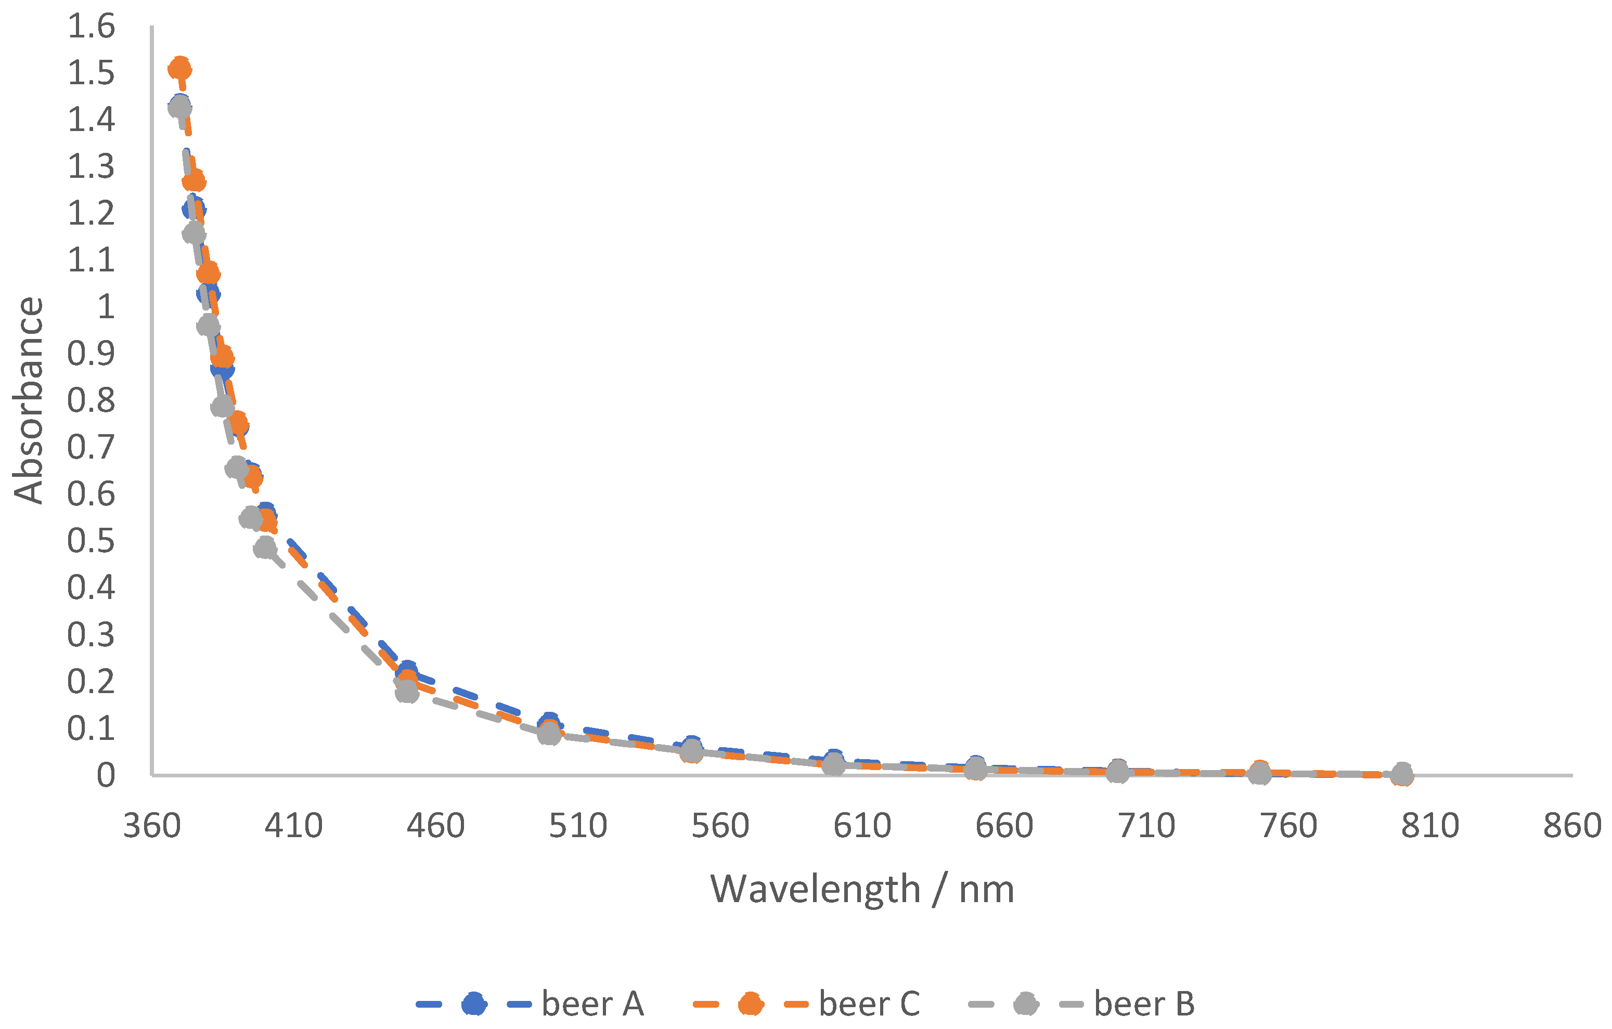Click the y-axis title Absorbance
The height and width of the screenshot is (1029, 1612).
[28, 400]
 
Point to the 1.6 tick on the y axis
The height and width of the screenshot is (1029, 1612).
[91, 27]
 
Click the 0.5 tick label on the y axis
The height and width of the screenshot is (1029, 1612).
[91, 541]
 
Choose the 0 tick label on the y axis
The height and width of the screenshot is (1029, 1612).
[106, 775]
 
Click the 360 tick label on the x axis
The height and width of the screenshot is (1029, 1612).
[152, 826]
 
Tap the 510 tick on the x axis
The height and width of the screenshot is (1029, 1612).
[578, 826]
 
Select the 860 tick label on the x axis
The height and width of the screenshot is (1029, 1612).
[1572, 826]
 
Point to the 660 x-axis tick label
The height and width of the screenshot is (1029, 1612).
[1004, 826]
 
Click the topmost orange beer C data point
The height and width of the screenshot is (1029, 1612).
[180, 68]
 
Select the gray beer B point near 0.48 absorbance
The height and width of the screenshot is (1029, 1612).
[266, 548]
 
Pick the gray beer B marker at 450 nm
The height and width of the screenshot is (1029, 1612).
[407, 692]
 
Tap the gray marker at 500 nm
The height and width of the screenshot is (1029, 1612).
[549, 733]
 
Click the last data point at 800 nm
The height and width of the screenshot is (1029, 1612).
[1402, 774]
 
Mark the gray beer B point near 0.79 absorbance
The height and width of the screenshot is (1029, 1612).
[222, 406]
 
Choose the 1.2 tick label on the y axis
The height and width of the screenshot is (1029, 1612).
[91, 213]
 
